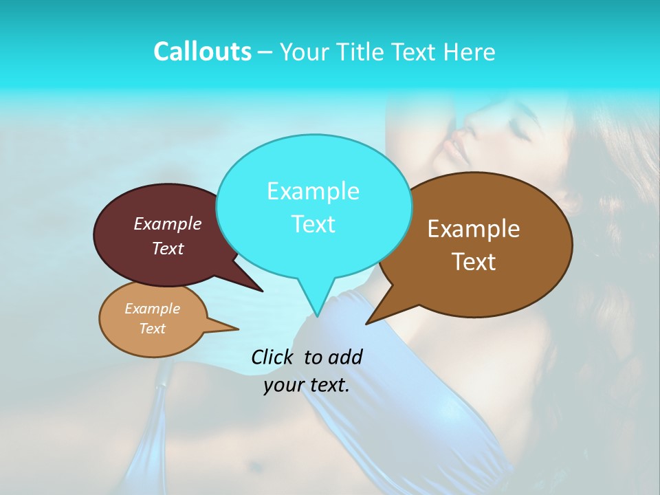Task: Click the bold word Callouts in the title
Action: coord(202,52)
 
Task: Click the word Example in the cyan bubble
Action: coord(313,191)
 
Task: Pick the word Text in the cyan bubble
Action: coord(313,224)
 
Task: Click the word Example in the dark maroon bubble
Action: coord(168,223)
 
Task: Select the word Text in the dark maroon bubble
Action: coord(168,248)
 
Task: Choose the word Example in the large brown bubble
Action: coord(474,229)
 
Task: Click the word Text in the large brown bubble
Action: coord(474,262)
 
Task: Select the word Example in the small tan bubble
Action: coord(152,309)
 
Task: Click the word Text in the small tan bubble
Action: coord(152,329)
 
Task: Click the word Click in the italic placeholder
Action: coord(273,357)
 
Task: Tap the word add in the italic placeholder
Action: coord(345,357)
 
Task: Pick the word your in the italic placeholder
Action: coord(283,385)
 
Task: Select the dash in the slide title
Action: coord(266,53)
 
